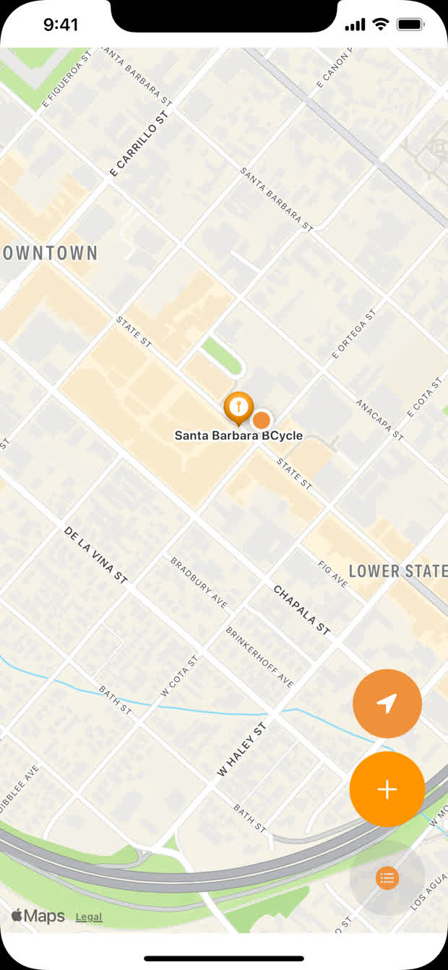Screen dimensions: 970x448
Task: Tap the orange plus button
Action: [x=387, y=789]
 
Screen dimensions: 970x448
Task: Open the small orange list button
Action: [x=387, y=878]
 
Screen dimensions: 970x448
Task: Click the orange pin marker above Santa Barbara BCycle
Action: [x=238, y=408]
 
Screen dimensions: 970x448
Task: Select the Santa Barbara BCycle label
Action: [x=238, y=436]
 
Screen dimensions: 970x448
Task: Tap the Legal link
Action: [x=89, y=917]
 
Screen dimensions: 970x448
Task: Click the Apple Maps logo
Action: [x=38, y=917]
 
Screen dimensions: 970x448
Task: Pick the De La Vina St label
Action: [x=96, y=555]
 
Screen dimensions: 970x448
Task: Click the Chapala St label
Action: [x=302, y=610]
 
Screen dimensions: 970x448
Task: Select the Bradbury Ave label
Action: [x=199, y=582]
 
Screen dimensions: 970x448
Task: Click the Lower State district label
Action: [x=398, y=571]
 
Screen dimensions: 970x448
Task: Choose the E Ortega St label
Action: [x=353, y=334]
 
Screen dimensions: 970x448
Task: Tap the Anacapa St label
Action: [x=379, y=419]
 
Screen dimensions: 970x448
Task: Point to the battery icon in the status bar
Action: [x=410, y=25]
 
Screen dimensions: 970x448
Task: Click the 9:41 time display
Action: [x=61, y=25]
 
